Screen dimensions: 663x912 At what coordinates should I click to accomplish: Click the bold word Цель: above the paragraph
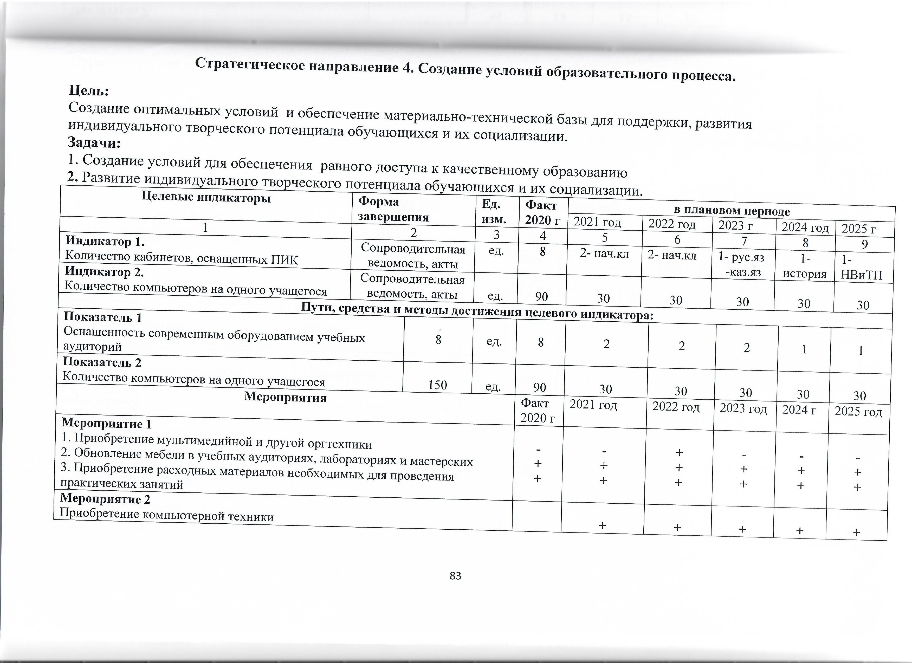coord(89,90)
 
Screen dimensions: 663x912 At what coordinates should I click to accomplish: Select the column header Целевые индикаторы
coord(206,198)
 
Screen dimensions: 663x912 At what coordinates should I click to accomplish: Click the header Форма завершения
coord(393,209)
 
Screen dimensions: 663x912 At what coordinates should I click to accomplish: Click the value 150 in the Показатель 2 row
coord(437,385)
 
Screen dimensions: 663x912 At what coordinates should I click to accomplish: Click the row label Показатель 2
coord(102,362)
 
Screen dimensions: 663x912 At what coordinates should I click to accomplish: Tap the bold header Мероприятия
coord(285,398)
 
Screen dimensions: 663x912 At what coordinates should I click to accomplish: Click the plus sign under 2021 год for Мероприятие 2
coord(602,525)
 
